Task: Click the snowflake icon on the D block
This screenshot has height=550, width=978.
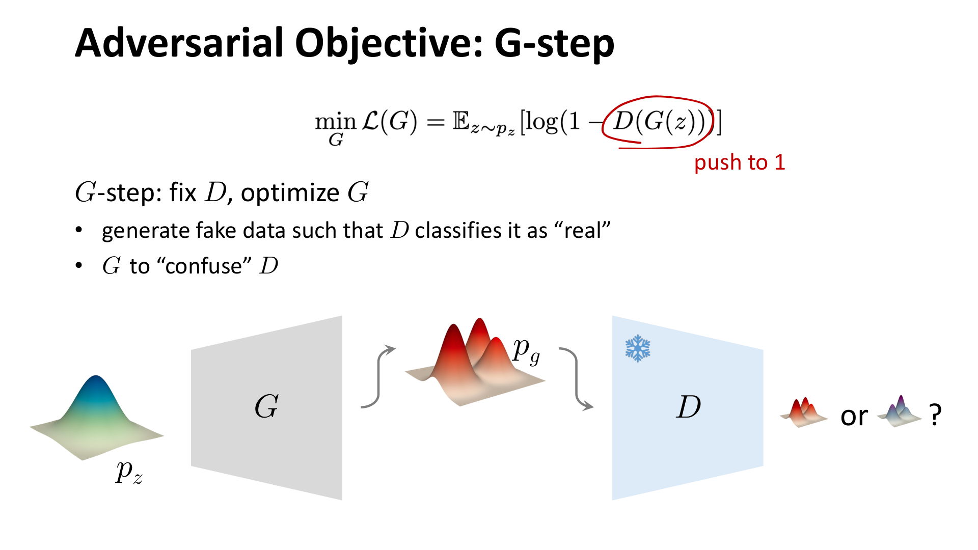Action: coord(638,348)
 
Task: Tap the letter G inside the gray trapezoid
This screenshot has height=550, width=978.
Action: coord(266,406)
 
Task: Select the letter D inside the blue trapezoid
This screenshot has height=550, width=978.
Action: coord(688,406)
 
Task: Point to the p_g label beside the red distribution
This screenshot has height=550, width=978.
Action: coord(526,350)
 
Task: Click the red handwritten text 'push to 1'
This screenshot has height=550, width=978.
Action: coord(739,162)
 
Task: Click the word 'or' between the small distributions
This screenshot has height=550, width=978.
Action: coord(854,416)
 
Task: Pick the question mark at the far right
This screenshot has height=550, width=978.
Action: coord(935,415)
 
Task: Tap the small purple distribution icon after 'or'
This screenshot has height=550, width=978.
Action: coord(900,411)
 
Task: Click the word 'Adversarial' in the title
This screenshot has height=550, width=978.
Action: coord(178,43)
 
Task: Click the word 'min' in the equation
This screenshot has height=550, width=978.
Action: coord(335,122)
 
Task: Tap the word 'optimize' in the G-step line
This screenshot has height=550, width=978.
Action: coord(290,193)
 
